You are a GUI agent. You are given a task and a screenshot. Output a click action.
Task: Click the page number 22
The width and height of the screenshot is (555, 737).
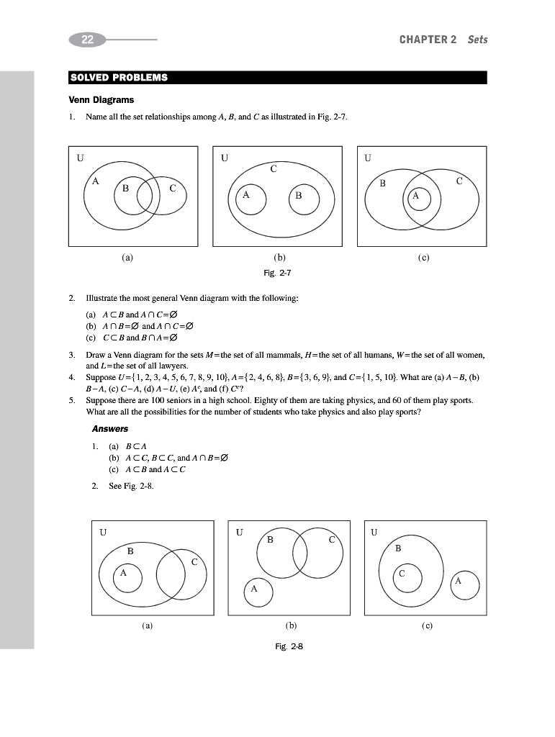click(x=87, y=40)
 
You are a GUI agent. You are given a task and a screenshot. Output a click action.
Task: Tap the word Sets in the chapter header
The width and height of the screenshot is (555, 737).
click(x=477, y=40)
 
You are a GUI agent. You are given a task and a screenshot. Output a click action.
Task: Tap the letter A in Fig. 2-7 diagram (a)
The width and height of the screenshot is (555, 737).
click(x=95, y=182)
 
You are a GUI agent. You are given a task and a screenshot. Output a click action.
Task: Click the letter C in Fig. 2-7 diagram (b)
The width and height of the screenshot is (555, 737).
click(x=274, y=170)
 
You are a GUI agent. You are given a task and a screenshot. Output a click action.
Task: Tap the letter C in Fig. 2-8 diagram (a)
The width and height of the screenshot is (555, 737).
click(x=194, y=562)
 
